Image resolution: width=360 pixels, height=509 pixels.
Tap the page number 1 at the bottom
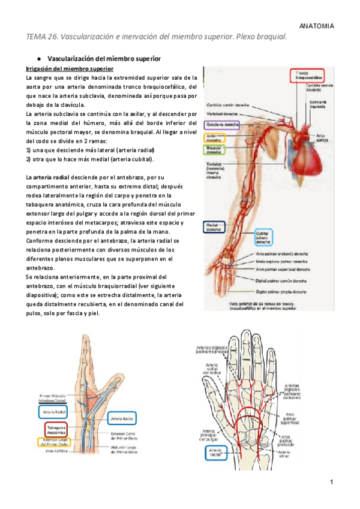point(331,483)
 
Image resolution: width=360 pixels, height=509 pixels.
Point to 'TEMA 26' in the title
point(41,37)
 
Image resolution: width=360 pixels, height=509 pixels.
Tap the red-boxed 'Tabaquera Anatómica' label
point(55,429)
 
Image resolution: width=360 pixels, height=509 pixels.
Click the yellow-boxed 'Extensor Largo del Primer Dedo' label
point(53,443)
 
